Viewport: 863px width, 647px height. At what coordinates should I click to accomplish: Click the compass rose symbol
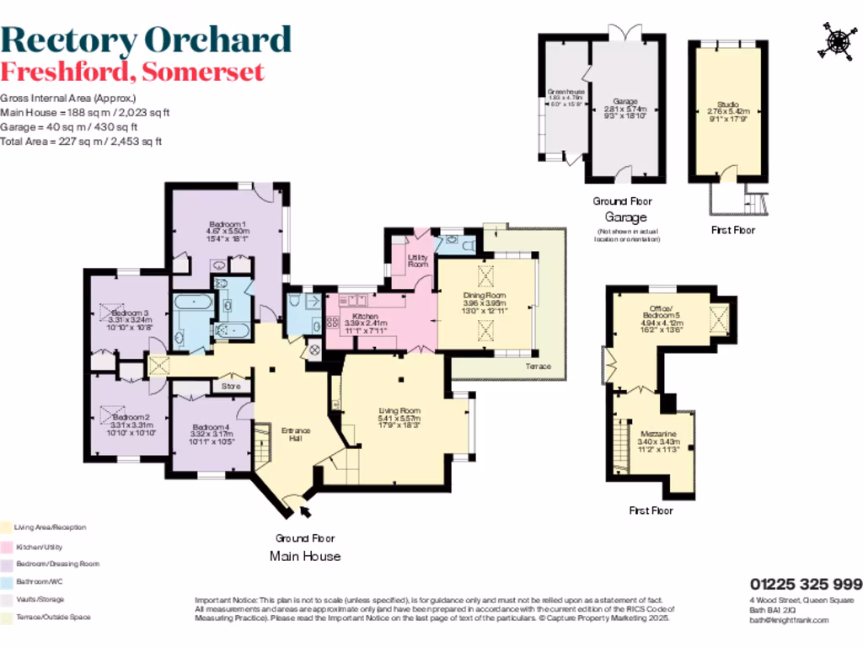(x=837, y=41)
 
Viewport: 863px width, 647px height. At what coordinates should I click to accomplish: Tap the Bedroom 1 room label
(x=227, y=224)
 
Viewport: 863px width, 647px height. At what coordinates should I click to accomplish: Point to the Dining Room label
(x=484, y=295)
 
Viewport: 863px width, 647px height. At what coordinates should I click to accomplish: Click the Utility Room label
(x=417, y=260)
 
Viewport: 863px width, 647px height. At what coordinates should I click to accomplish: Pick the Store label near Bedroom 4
(x=231, y=387)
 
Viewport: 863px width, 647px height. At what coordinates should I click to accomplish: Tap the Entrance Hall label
(x=296, y=434)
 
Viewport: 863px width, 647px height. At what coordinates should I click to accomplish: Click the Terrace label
(x=538, y=366)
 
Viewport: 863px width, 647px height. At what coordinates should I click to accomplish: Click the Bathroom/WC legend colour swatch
(x=6, y=581)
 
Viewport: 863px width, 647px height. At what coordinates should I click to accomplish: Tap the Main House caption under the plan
(x=305, y=556)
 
